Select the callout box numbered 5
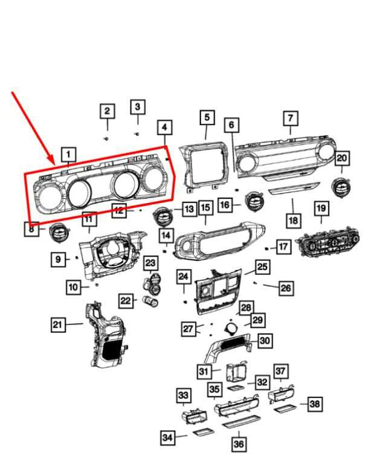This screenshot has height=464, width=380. tap(207, 117)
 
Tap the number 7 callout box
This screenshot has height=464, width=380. tap(291, 118)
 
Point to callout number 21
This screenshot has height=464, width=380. tap(57, 325)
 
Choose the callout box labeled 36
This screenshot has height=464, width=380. tap(239, 445)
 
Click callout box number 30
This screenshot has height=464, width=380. tap(265, 341)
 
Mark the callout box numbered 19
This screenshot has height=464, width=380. tap(321, 209)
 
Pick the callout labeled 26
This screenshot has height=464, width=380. tap(286, 288)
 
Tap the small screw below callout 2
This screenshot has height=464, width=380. tap(107, 138)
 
